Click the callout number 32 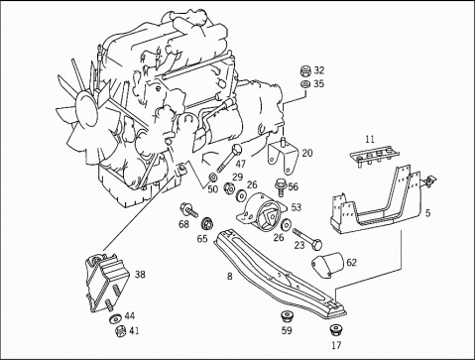(319, 70)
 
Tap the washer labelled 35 (305, 84)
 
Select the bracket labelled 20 (282, 156)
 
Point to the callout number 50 (213, 189)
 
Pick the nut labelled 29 (229, 188)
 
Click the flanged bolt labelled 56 (281, 187)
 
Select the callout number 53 (296, 207)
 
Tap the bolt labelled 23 (307, 239)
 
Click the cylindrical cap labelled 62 (327, 265)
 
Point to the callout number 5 (427, 213)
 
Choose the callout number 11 (370, 139)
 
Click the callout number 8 (230, 276)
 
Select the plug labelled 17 (335, 330)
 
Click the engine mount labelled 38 (105, 283)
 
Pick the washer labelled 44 (115, 318)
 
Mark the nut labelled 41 (120, 331)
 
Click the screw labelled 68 (188, 210)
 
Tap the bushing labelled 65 (207, 224)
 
